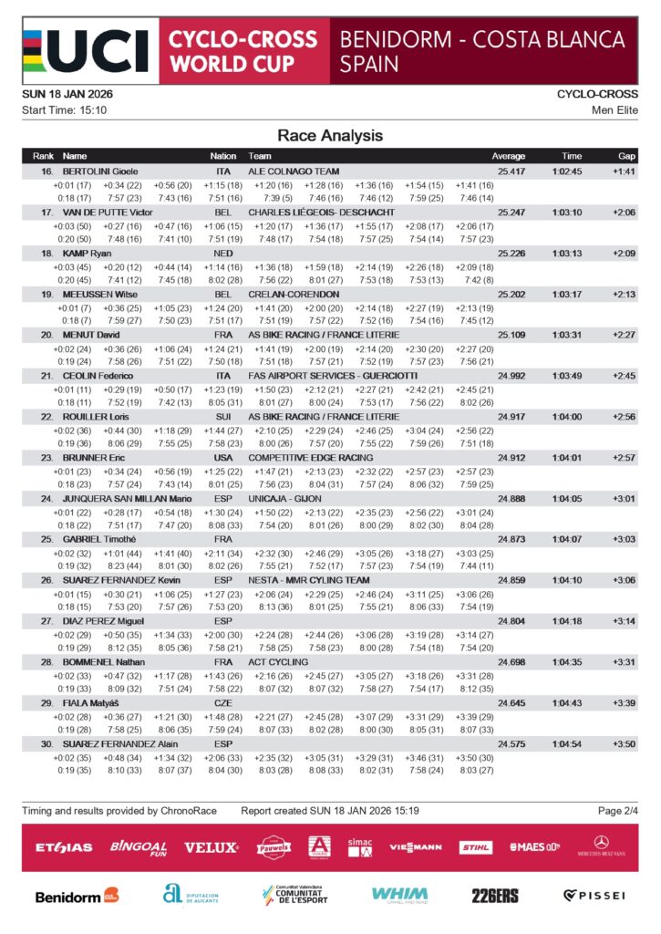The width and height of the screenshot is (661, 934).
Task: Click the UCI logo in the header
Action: coord(85,51)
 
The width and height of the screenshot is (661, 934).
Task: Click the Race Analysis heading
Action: coord(330,136)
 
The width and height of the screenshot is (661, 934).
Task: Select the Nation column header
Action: coord(223,156)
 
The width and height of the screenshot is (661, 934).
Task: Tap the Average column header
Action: coord(509,156)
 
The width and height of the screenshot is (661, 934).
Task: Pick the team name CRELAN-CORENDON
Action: coord(294,295)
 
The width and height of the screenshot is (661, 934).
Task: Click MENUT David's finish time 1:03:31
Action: coord(566,336)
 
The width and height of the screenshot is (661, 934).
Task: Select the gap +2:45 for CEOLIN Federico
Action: coord(624,376)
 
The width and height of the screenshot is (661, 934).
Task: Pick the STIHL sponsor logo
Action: coord(475,847)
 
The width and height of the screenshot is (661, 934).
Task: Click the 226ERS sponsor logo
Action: coord(495,896)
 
